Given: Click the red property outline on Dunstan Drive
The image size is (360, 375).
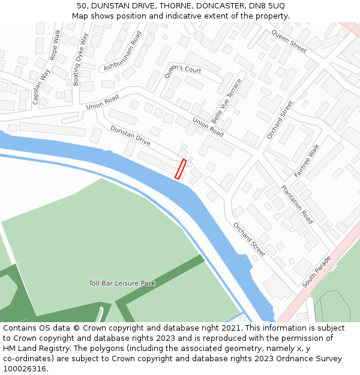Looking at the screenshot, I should (180, 169).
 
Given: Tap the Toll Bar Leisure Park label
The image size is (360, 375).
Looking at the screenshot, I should (122, 283).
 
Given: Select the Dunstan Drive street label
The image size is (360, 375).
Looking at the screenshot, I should (130, 136).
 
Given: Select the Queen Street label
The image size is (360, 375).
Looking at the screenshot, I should (289, 40).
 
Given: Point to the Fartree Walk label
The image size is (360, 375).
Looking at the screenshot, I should (307, 160).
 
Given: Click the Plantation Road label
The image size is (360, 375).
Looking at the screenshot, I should (297, 204).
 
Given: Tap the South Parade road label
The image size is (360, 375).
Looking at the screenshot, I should (317, 272).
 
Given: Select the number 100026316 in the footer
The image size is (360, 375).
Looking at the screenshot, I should (25, 368).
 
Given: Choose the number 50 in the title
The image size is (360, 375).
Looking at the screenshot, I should (82, 5).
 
